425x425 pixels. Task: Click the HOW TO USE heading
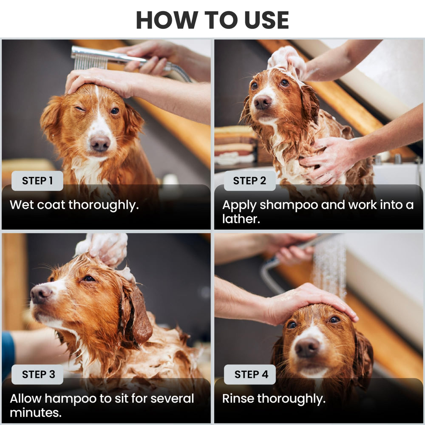pos(212,20)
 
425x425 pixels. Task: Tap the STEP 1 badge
pos(37,181)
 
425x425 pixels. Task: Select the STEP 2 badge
pos(249,181)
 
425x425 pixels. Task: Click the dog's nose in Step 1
pos(100,144)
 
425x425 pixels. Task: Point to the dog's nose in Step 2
pos(263,102)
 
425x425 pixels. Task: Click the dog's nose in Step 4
pos(307,347)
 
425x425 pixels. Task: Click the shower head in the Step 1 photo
pos(90,57)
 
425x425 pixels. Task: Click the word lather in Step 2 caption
pos(241,219)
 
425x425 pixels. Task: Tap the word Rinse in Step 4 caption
pos(238,399)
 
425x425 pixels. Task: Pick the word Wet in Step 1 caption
pos(22,205)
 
